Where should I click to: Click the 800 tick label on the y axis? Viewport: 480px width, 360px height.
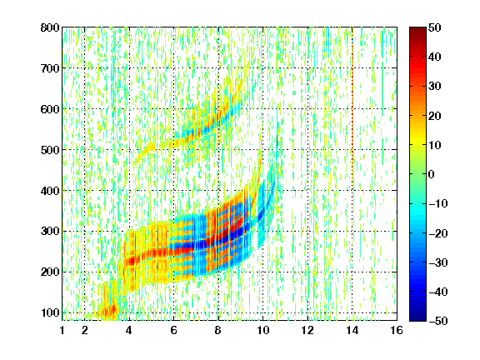[x=50, y=27]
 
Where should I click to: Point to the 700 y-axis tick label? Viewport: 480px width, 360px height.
[x=50, y=68]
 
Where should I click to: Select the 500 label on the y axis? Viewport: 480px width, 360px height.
[x=50, y=150]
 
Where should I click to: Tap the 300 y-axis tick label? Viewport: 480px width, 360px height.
[x=50, y=231]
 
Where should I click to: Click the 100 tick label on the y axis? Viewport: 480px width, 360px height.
[x=50, y=312]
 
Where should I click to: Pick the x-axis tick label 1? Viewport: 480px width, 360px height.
[x=62, y=330]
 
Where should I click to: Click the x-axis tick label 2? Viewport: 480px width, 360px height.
[x=85, y=330]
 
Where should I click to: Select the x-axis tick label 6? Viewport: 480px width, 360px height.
[x=174, y=330]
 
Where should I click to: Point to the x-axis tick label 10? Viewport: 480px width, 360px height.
[x=263, y=330]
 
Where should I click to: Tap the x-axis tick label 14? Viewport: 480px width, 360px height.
[x=352, y=330]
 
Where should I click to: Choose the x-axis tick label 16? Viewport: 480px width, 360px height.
[x=397, y=330]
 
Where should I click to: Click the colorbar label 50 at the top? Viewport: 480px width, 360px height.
[x=435, y=27]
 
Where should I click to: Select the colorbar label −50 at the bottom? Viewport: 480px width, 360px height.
[x=438, y=321]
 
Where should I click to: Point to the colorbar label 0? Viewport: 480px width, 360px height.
[x=432, y=174]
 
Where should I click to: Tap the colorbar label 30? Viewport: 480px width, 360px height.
[x=435, y=87]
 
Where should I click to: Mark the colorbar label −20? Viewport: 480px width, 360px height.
[x=438, y=233]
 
